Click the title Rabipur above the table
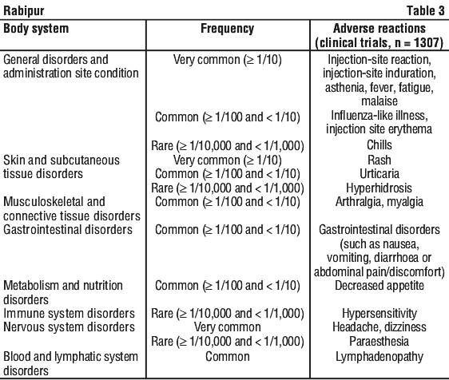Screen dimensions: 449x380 coord(24,11)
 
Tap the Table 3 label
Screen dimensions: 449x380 coord(426,11)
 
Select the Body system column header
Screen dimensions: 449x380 coord(36,29)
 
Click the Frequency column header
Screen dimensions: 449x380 coord(228,29)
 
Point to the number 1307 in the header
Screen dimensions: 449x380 coord(427,43)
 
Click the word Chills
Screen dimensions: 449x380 coord(379,145)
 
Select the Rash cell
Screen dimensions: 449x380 coord(379,160)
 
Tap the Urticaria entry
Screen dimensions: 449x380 coord(379,174)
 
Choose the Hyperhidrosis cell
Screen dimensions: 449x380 coord(379,188)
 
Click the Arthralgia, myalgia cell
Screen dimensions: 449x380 coord(379,202)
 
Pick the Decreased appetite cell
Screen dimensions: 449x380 coord(379,286)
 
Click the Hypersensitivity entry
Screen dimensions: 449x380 coord(379,313)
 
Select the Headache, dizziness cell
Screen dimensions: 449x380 coord(379,327)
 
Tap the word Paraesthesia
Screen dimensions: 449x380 coord(379,342)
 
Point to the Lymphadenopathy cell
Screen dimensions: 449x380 coord(379,357)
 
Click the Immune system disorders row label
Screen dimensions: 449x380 coord(69,313)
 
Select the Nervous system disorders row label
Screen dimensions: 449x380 coord(69,327)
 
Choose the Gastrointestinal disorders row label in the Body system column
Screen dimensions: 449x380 coord(68,230)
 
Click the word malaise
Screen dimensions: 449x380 coord(379,101)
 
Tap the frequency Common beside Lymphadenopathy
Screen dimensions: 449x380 coord(228,357)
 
